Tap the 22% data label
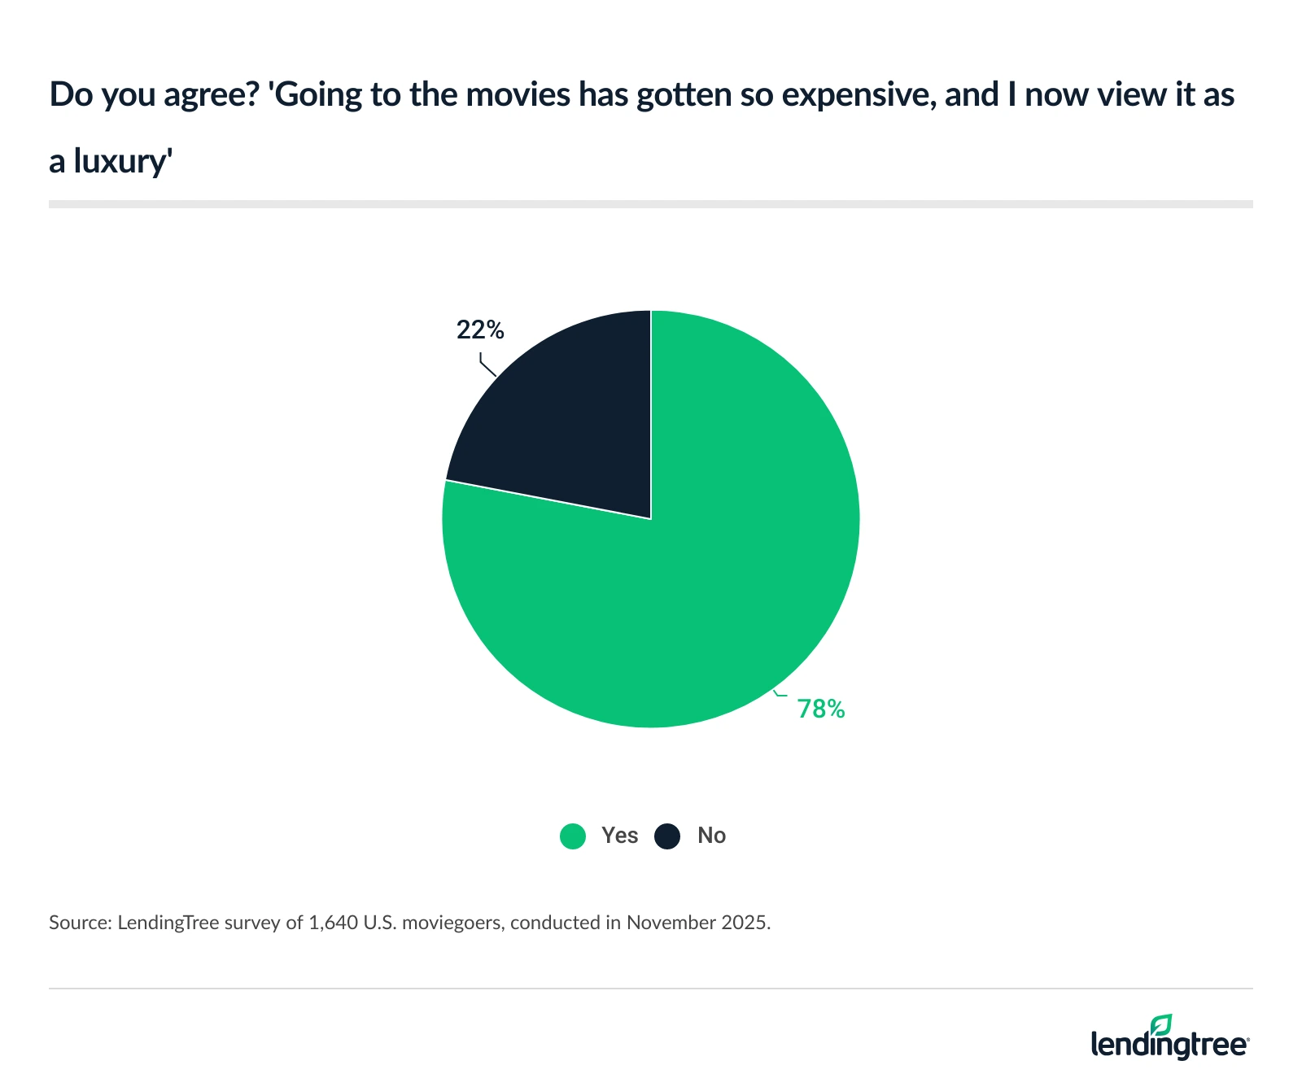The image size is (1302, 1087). [480, 330]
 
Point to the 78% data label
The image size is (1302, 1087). [821, 709]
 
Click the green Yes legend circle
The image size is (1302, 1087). [573, 836]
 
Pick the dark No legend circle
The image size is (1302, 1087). [667, 836]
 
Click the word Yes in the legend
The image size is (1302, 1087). [619, 836]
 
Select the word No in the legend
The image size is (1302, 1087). [711, 836]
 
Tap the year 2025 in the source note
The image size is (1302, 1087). [744, 923]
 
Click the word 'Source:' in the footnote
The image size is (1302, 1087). [79, 923]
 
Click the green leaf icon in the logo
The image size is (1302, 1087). [1161, 1024]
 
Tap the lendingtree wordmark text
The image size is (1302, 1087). [1169, 1045]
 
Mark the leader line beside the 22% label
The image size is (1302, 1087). [487, 365]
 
